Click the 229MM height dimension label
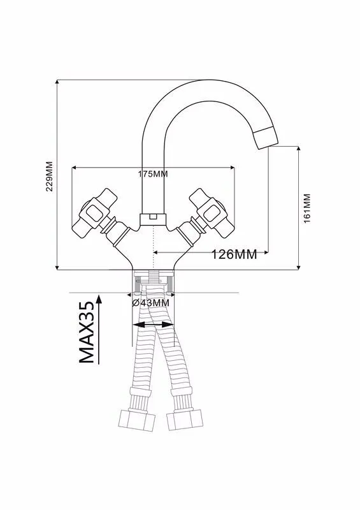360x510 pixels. (50, 177)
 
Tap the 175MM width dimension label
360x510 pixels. (153, 174)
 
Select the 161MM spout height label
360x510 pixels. (307, 208)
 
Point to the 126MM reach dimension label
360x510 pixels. (234, 254)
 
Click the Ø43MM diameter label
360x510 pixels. (150, 303)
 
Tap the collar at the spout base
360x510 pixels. (153, 219)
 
